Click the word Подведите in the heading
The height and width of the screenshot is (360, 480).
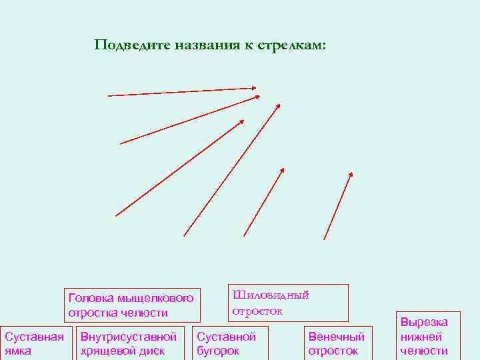(x=132, y=45)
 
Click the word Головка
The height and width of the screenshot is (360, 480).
(x=90, y=298)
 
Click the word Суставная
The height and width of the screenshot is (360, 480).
(x=34, y=337)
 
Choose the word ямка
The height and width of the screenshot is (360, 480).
(x=18, y=351)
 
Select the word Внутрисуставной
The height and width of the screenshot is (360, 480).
(x=128, y=337)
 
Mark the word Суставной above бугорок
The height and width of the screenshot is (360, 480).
(x=226, y=337)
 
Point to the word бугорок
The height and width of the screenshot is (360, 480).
(x=217, y=351)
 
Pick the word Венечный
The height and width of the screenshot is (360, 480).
(x=337, y=337)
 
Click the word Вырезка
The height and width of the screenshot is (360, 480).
(x=424, y=322)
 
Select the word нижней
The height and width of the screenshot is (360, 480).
(x=421, y=337)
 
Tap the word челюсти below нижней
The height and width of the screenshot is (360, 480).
(x=424, y=351)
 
